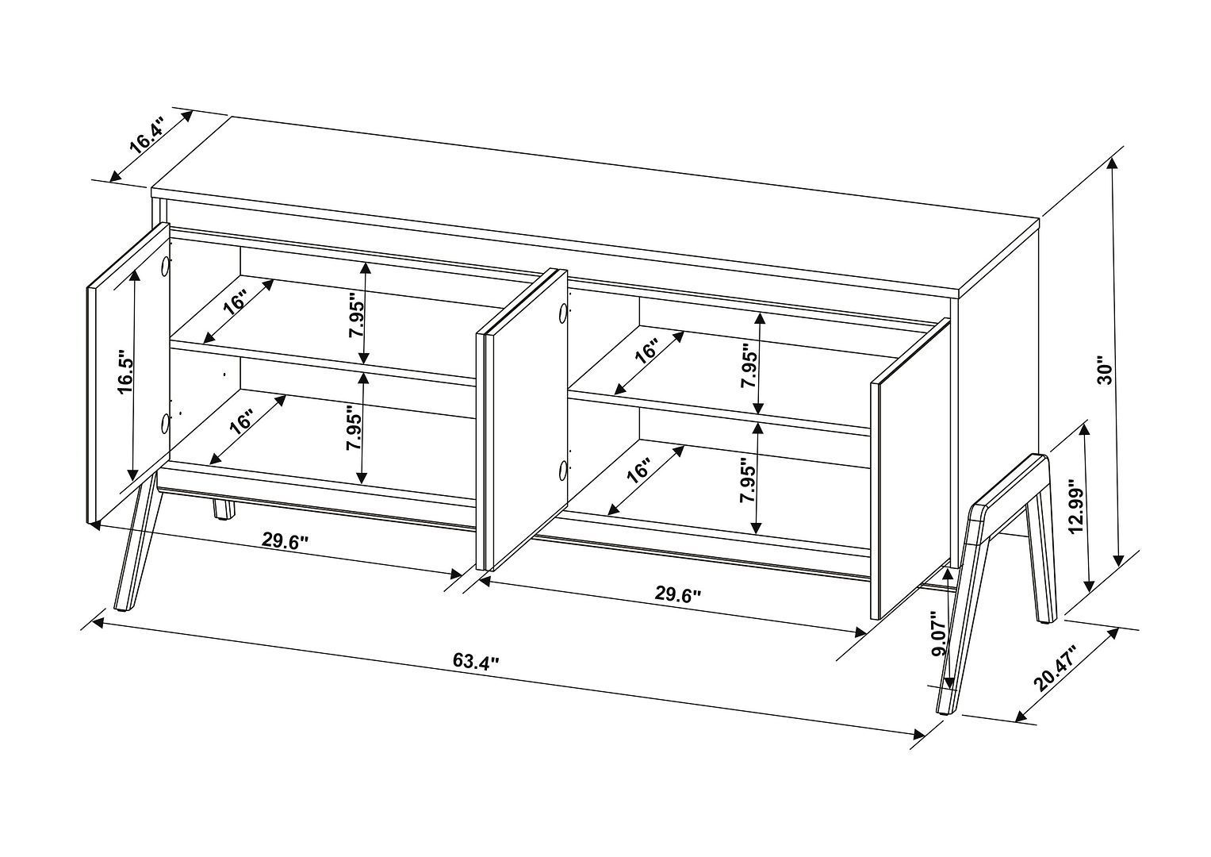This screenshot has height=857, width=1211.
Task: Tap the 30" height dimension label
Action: (x=1105, y=370)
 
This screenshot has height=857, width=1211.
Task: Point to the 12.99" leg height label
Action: (x=1075, y=508)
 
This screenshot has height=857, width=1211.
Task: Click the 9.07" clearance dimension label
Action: (x=938, y=632)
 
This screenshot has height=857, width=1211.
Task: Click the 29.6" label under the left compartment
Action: (x=286, y=540)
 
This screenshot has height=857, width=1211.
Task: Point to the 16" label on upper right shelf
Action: (x=646, y=352)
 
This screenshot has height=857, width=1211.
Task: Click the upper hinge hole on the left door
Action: (x=166, y=267)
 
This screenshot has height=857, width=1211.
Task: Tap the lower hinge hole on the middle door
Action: (x=562, y=471)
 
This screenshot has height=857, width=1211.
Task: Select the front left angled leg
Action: (x=135, y=548)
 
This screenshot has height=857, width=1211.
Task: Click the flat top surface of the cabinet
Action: (x=595, y=206)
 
